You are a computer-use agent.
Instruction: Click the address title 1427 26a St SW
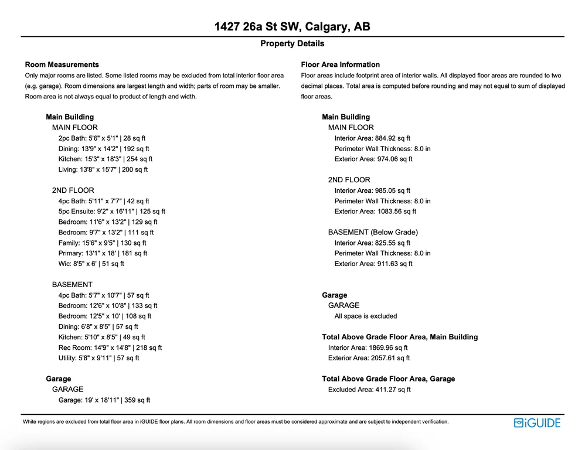point(292,27)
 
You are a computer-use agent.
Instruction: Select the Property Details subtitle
point(292,43)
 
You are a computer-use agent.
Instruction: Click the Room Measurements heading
point(62,64)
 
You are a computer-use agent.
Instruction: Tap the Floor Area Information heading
point(340,64)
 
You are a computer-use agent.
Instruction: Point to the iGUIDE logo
point(537,423)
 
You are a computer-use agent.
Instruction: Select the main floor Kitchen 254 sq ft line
point(105,159)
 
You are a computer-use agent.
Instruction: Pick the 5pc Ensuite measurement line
point(111,212)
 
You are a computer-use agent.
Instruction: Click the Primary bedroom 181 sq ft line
point(103,253)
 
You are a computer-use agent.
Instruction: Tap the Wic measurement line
point(91,264)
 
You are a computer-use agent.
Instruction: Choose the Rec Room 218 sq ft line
point(110,347)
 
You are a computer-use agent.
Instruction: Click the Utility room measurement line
point(98,358)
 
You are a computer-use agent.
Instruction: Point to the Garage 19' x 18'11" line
point(104,400)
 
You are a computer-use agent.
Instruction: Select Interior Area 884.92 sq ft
point(372,138)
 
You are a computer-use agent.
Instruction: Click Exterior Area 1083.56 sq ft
point(375,212)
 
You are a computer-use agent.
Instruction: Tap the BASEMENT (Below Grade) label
point(373,232)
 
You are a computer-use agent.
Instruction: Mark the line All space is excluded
point(365,316)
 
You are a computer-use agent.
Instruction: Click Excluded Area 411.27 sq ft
point(369,390)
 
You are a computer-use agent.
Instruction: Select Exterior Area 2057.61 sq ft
point(369,358)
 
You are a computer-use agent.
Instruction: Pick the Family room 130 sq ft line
point(102,243)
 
